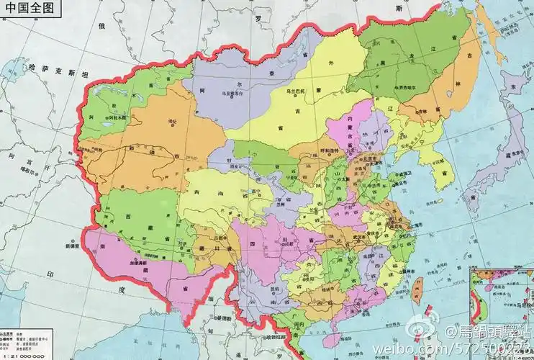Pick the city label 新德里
(x=64, y=246)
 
